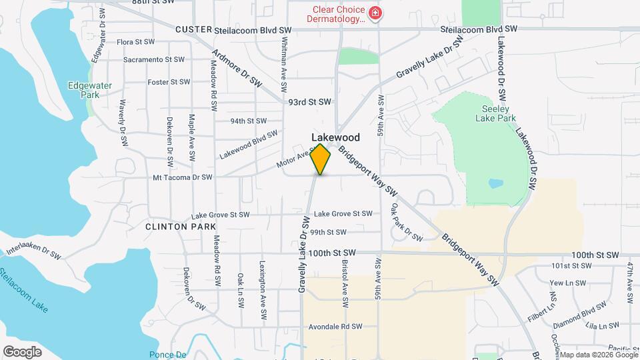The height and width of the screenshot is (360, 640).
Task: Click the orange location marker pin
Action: tap(321, 159)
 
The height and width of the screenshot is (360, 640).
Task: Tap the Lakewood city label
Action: tap(335, 138)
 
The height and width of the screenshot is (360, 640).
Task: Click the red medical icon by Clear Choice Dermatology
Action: tap(375, 14)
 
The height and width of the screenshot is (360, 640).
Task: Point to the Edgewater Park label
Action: tap(84, 90)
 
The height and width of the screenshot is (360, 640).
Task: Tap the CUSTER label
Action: tap(193, 30)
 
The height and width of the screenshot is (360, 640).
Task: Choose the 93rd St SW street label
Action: tap(309, 102)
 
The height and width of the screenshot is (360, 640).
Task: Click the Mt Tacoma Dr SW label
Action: tap(182, 177)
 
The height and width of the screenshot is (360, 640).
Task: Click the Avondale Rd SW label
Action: tap(335, 327)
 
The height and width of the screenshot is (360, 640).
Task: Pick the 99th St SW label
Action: tap(328, 232)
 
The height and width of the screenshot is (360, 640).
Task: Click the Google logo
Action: tap(22, 352)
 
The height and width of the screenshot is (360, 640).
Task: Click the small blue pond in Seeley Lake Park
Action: tap(495, 183)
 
